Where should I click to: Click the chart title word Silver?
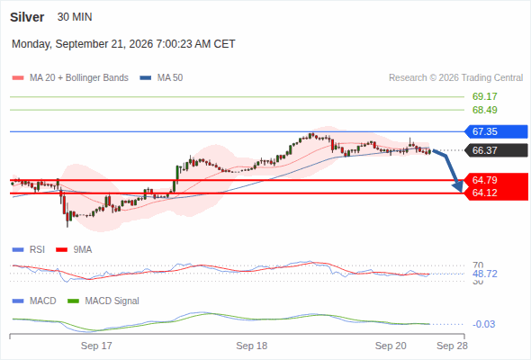pyautogui.click(x=27, y=17)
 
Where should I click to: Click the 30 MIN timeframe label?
pyautogui.click(x=75, y=17)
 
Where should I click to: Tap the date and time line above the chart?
pyautogui.click(x=123, y=44)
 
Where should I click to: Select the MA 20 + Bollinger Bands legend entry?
pyautogui.click(x=70, y=78)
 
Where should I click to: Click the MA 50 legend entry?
pyautogui.click(x=161, y=78)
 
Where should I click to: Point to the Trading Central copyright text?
pyautogui.click(x=455, y=78)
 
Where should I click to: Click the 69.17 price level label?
pyautogui.click(x=485, y=96)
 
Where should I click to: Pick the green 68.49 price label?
pyautogui.click(x=485, y=110)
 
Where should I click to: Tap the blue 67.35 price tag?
pyautogui.click(x=496, y=131)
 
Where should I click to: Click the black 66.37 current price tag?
pyautogui.click(x=496, y=150)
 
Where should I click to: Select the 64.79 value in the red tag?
pyautogui.click(x=485, y=180)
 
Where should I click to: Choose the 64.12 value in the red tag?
pyautogui.click(x=485, y=193)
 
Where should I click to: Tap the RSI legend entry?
pyautogui.click(x=29, y=250)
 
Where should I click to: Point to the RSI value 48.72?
pyautogui.click(x=485, y=274)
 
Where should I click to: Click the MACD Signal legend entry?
pyautogui.click(x=103, y=301)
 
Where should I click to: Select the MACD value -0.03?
pyautogui.click(x=484, y=324)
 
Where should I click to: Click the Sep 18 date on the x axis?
pyautogui.click(x=252, y=346)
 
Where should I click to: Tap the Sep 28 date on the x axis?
pyautogui.click(x=452, y=346)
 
